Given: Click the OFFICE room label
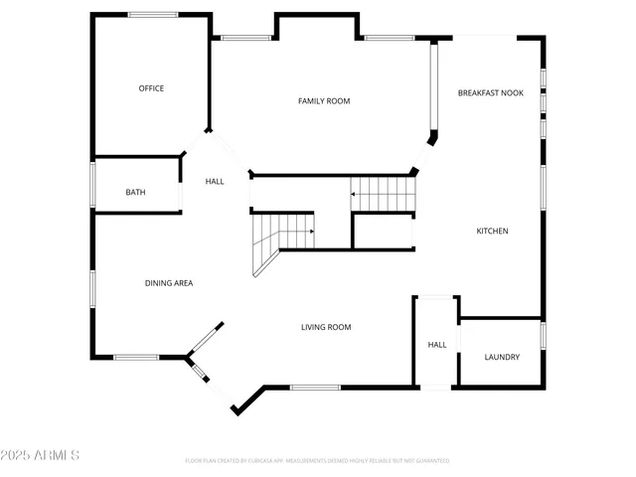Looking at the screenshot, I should coord(151,88).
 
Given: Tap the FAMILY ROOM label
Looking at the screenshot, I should coord(324,100).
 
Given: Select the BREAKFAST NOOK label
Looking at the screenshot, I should coord(490,92).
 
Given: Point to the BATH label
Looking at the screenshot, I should coord(136,192).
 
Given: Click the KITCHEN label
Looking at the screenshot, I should coord(492,231).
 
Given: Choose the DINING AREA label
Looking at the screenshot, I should coord(169,283).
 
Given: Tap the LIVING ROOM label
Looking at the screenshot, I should coord(326,327).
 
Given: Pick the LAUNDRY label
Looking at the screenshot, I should coord(501,357).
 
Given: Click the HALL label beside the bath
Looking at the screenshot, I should coord(215,181).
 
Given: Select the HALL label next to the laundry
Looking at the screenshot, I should coord(437,345).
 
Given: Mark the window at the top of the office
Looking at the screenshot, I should coord(153,14).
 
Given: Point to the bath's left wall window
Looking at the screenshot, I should coord(93,184).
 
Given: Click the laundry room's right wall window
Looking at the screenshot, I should coord(544,335).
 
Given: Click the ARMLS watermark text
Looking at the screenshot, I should coord(41,455).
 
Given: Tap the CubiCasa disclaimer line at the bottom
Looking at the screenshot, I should coord(317,460).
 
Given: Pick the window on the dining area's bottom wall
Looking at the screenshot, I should coord(136,357).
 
